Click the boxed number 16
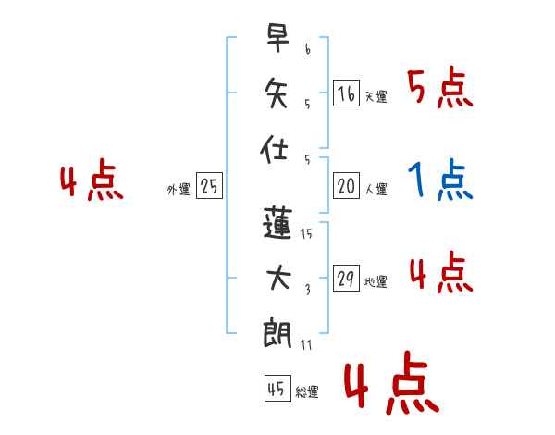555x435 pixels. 346,93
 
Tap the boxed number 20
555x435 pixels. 346,186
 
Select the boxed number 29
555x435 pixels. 346,279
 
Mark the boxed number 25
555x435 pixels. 209,186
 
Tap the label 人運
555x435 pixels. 376,190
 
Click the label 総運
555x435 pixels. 307,392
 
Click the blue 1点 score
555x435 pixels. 439,180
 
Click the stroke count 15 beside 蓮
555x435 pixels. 306,234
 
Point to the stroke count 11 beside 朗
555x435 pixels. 306,345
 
